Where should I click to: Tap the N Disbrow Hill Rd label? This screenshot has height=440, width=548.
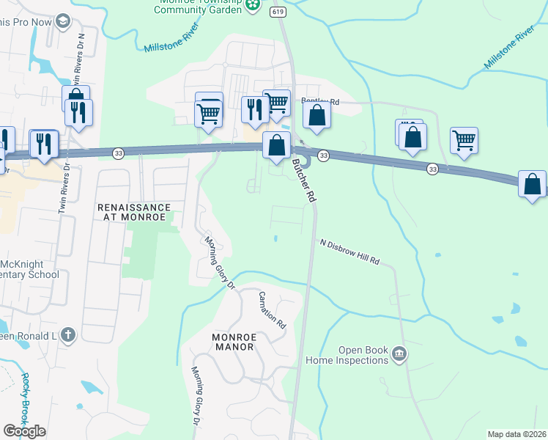349,252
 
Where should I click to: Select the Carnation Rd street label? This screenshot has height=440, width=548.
271,309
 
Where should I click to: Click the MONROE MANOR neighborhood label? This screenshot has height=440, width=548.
223,341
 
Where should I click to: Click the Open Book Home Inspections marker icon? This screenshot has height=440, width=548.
399,353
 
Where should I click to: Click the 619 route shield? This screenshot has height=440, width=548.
277,11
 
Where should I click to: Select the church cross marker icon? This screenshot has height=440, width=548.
67,336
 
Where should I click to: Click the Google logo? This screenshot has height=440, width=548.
24,431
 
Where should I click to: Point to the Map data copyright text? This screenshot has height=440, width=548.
517,434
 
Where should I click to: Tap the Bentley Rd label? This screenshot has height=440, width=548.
320,102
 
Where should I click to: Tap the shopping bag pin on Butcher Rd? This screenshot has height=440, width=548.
275,144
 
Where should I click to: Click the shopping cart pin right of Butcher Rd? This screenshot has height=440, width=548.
464,139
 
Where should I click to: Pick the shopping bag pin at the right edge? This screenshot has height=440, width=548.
532,183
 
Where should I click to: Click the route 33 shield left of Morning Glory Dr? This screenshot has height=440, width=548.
118,153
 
